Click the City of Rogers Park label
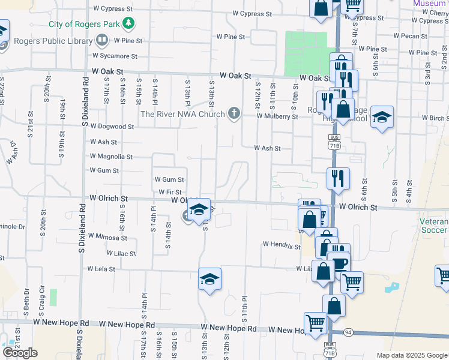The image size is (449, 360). (83, 25)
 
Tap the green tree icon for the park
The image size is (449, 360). (128, 24)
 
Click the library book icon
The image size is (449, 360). (101, 41)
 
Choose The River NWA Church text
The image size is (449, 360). (182, 113)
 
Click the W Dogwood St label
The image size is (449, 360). (112, 127)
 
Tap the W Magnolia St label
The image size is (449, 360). (111, 157)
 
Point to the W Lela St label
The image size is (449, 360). (101, 269)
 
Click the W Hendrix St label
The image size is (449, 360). (281, 245)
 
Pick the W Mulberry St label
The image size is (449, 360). (277, 116)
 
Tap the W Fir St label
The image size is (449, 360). (170, 192)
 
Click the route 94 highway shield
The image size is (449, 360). (349, 332)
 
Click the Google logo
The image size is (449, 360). (20, 353)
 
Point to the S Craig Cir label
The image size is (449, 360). (42, 295)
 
